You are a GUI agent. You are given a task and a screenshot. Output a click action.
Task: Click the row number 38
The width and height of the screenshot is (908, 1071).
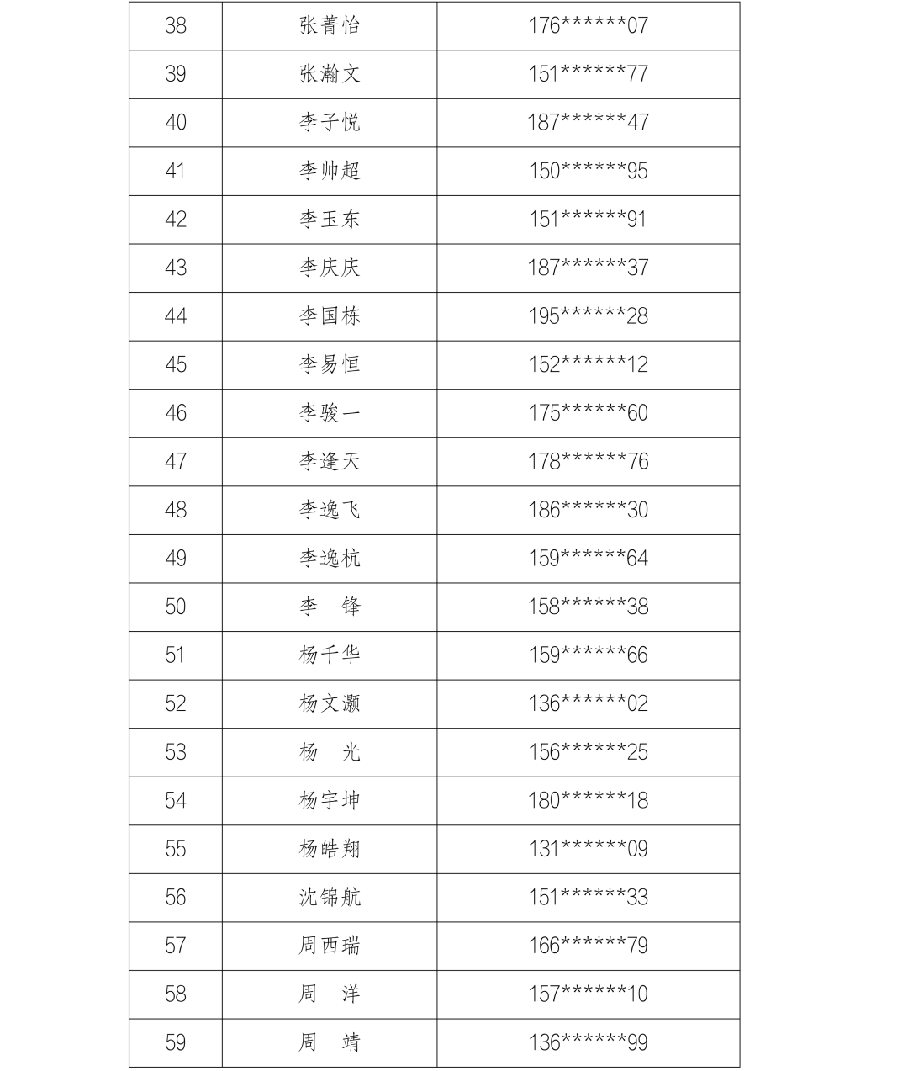coord(175,25)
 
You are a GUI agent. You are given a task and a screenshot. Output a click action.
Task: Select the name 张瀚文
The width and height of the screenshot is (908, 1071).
coord(330,74)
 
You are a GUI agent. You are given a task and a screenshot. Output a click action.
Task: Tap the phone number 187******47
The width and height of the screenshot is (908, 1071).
coord(588,122)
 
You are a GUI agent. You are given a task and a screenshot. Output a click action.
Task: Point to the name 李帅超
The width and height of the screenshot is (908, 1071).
coord(330,171)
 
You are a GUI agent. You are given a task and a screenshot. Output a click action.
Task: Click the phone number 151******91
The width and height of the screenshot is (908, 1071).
coord(588,220)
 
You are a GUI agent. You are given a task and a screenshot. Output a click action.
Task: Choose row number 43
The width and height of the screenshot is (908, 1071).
coord(175,268)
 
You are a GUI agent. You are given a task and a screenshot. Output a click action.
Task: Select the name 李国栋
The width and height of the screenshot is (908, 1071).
coord(330,316)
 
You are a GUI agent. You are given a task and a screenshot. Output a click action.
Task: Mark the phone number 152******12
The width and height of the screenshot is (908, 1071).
coord(588,364)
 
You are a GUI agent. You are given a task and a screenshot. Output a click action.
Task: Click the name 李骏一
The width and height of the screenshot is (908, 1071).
coord(330,413)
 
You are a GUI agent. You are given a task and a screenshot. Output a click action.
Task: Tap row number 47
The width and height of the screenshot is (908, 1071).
coord(175,461)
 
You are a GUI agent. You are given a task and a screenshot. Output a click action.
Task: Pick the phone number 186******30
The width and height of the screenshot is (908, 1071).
coord(588,510)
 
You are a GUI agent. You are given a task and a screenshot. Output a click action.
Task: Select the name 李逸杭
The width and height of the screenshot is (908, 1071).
coord(330,559)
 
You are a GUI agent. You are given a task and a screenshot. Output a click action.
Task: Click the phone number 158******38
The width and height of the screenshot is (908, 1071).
coord(588,607)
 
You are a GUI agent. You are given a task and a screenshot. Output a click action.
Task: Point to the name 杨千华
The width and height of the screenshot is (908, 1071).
coord(330,655)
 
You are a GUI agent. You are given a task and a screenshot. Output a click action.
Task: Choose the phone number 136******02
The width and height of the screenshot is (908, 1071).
coord(588,703)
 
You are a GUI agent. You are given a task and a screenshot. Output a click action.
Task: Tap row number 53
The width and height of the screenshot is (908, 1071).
coord(175,752)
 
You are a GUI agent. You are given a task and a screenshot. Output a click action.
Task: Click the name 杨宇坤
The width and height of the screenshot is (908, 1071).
coord(330,800)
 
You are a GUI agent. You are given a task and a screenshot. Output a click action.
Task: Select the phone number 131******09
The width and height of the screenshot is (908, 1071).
coord(588,849)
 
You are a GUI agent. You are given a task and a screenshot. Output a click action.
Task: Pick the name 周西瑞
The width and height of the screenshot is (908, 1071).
coord(330,946)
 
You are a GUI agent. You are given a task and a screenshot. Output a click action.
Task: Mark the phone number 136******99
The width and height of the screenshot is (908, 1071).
coord(588,1042)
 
